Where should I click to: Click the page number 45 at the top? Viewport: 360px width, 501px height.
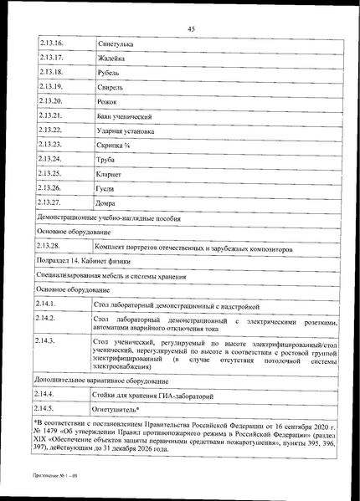pyautogui.click(x=191, y=29)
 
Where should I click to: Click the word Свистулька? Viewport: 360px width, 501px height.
pyautogui.click(x=118, y=43)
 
